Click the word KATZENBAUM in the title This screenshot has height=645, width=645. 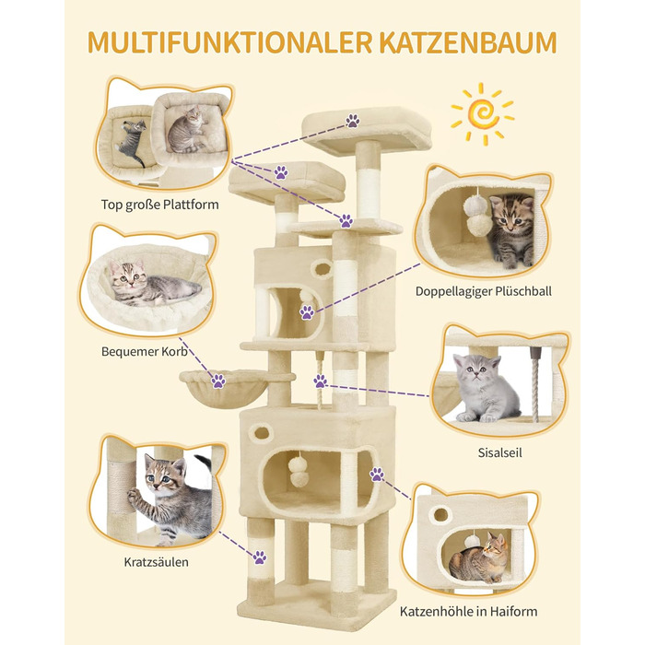(468, 42)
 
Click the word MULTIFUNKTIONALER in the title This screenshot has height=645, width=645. (230, 42)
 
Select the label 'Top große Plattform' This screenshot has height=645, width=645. (160, 205)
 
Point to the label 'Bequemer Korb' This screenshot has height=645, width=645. (145, 352)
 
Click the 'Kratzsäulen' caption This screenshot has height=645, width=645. (157, 562)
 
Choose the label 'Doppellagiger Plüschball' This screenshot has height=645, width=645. (484, 291)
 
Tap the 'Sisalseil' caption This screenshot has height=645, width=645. (499, 453)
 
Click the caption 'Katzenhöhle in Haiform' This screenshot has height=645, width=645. (468, 611)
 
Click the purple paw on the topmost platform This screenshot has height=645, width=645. (353, 121)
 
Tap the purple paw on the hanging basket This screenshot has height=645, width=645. (218, 381)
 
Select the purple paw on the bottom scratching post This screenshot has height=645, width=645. (260, 557)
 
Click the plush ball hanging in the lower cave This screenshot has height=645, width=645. (297, 471)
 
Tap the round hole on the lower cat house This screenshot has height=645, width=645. (262, 433)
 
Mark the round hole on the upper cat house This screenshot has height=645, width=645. (322, 269)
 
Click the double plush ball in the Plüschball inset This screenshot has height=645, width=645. (477, 213)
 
